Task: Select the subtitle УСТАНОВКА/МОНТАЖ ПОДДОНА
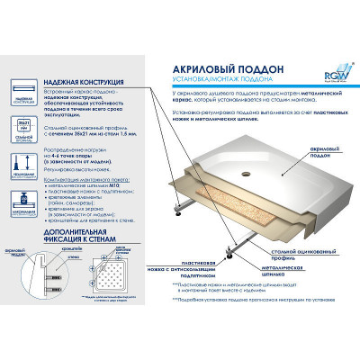click(x=209, y=64)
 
